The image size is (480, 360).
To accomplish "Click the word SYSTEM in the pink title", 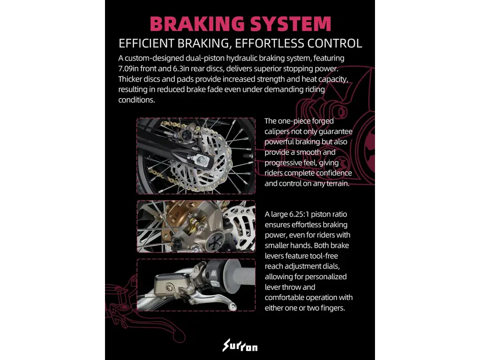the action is coord(291,24).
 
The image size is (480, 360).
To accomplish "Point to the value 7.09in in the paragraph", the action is coord(128,68).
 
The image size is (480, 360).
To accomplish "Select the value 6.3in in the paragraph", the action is coord(181,68).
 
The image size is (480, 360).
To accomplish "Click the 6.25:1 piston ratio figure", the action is coord(299,214).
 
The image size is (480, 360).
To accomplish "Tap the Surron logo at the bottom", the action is coord(240,345).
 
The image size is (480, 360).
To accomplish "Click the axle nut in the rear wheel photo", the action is coord(201,159).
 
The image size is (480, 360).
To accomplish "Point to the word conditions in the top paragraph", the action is coord(136,100).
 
